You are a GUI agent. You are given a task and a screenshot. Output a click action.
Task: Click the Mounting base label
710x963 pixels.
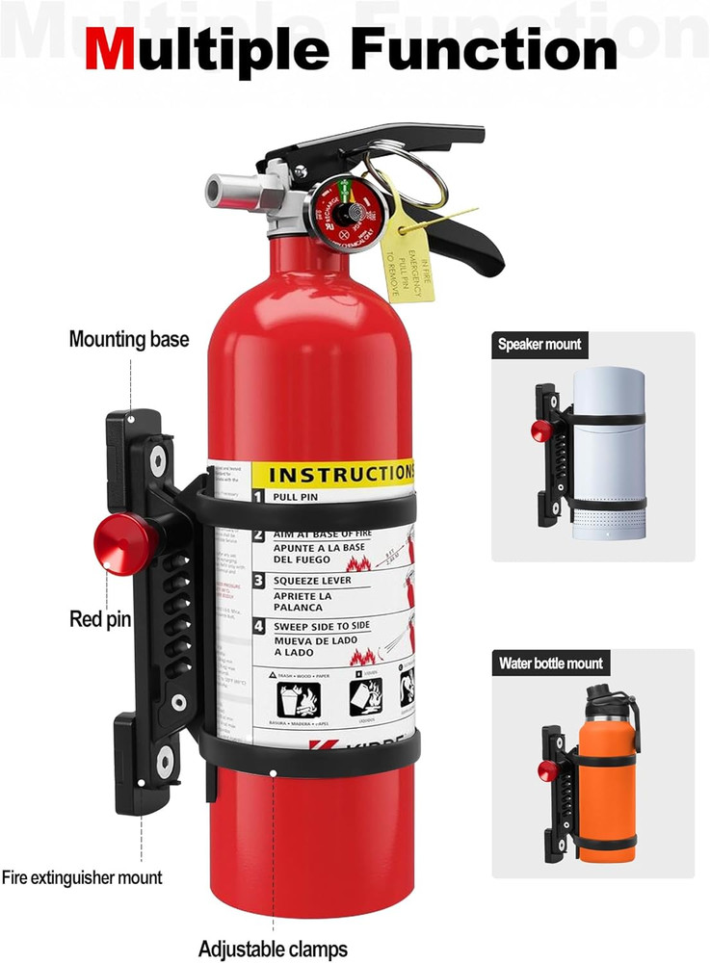coord(129,339)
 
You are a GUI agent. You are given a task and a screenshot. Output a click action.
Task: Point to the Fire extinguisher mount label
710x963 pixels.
coord(82,877)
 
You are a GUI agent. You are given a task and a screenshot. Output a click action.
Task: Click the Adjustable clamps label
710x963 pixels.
coord(273,949)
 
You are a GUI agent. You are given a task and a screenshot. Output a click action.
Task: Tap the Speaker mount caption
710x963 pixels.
coord(539,344)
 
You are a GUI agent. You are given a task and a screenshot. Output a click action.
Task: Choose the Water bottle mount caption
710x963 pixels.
coord(551,664)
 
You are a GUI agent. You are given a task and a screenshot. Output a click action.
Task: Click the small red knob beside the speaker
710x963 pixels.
coord(540,430)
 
